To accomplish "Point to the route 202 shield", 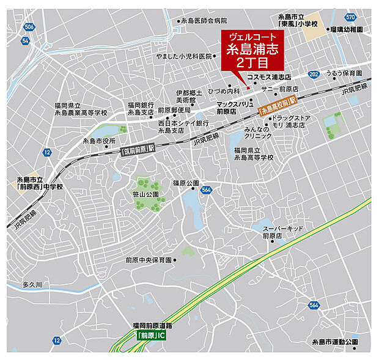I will pyautogui.click(x=314, y=75).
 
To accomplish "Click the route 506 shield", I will pyautogui.click(x=31, y=27).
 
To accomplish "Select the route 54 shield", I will pyautogui.click(x=25, y=40).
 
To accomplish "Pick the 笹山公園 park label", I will pyautogui.click(x=145, y=194).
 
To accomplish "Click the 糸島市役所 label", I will pyautogui.click(x=99, y=141).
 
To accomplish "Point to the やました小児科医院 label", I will pyautogui.click(x=184, y=55).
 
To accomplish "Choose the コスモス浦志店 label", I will pyautogui.click(x=269, y=78).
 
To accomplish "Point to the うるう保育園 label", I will pyautogui.click(x=344, y=73).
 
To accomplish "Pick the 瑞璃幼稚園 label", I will pyautogui.click(x=348, y=29).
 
